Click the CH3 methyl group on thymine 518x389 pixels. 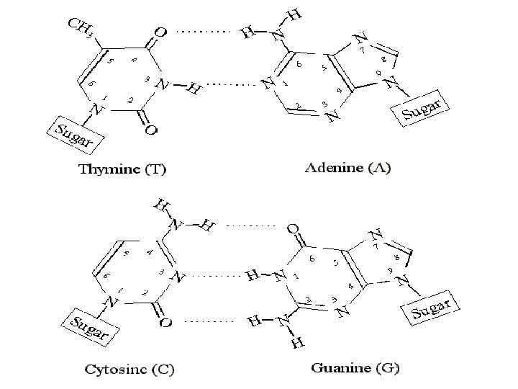pos(80,29)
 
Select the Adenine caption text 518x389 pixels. pos(353,170)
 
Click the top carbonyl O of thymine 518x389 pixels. pos(160,32)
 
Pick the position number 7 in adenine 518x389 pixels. pos(363,51)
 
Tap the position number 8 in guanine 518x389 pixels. pos(396,257)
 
